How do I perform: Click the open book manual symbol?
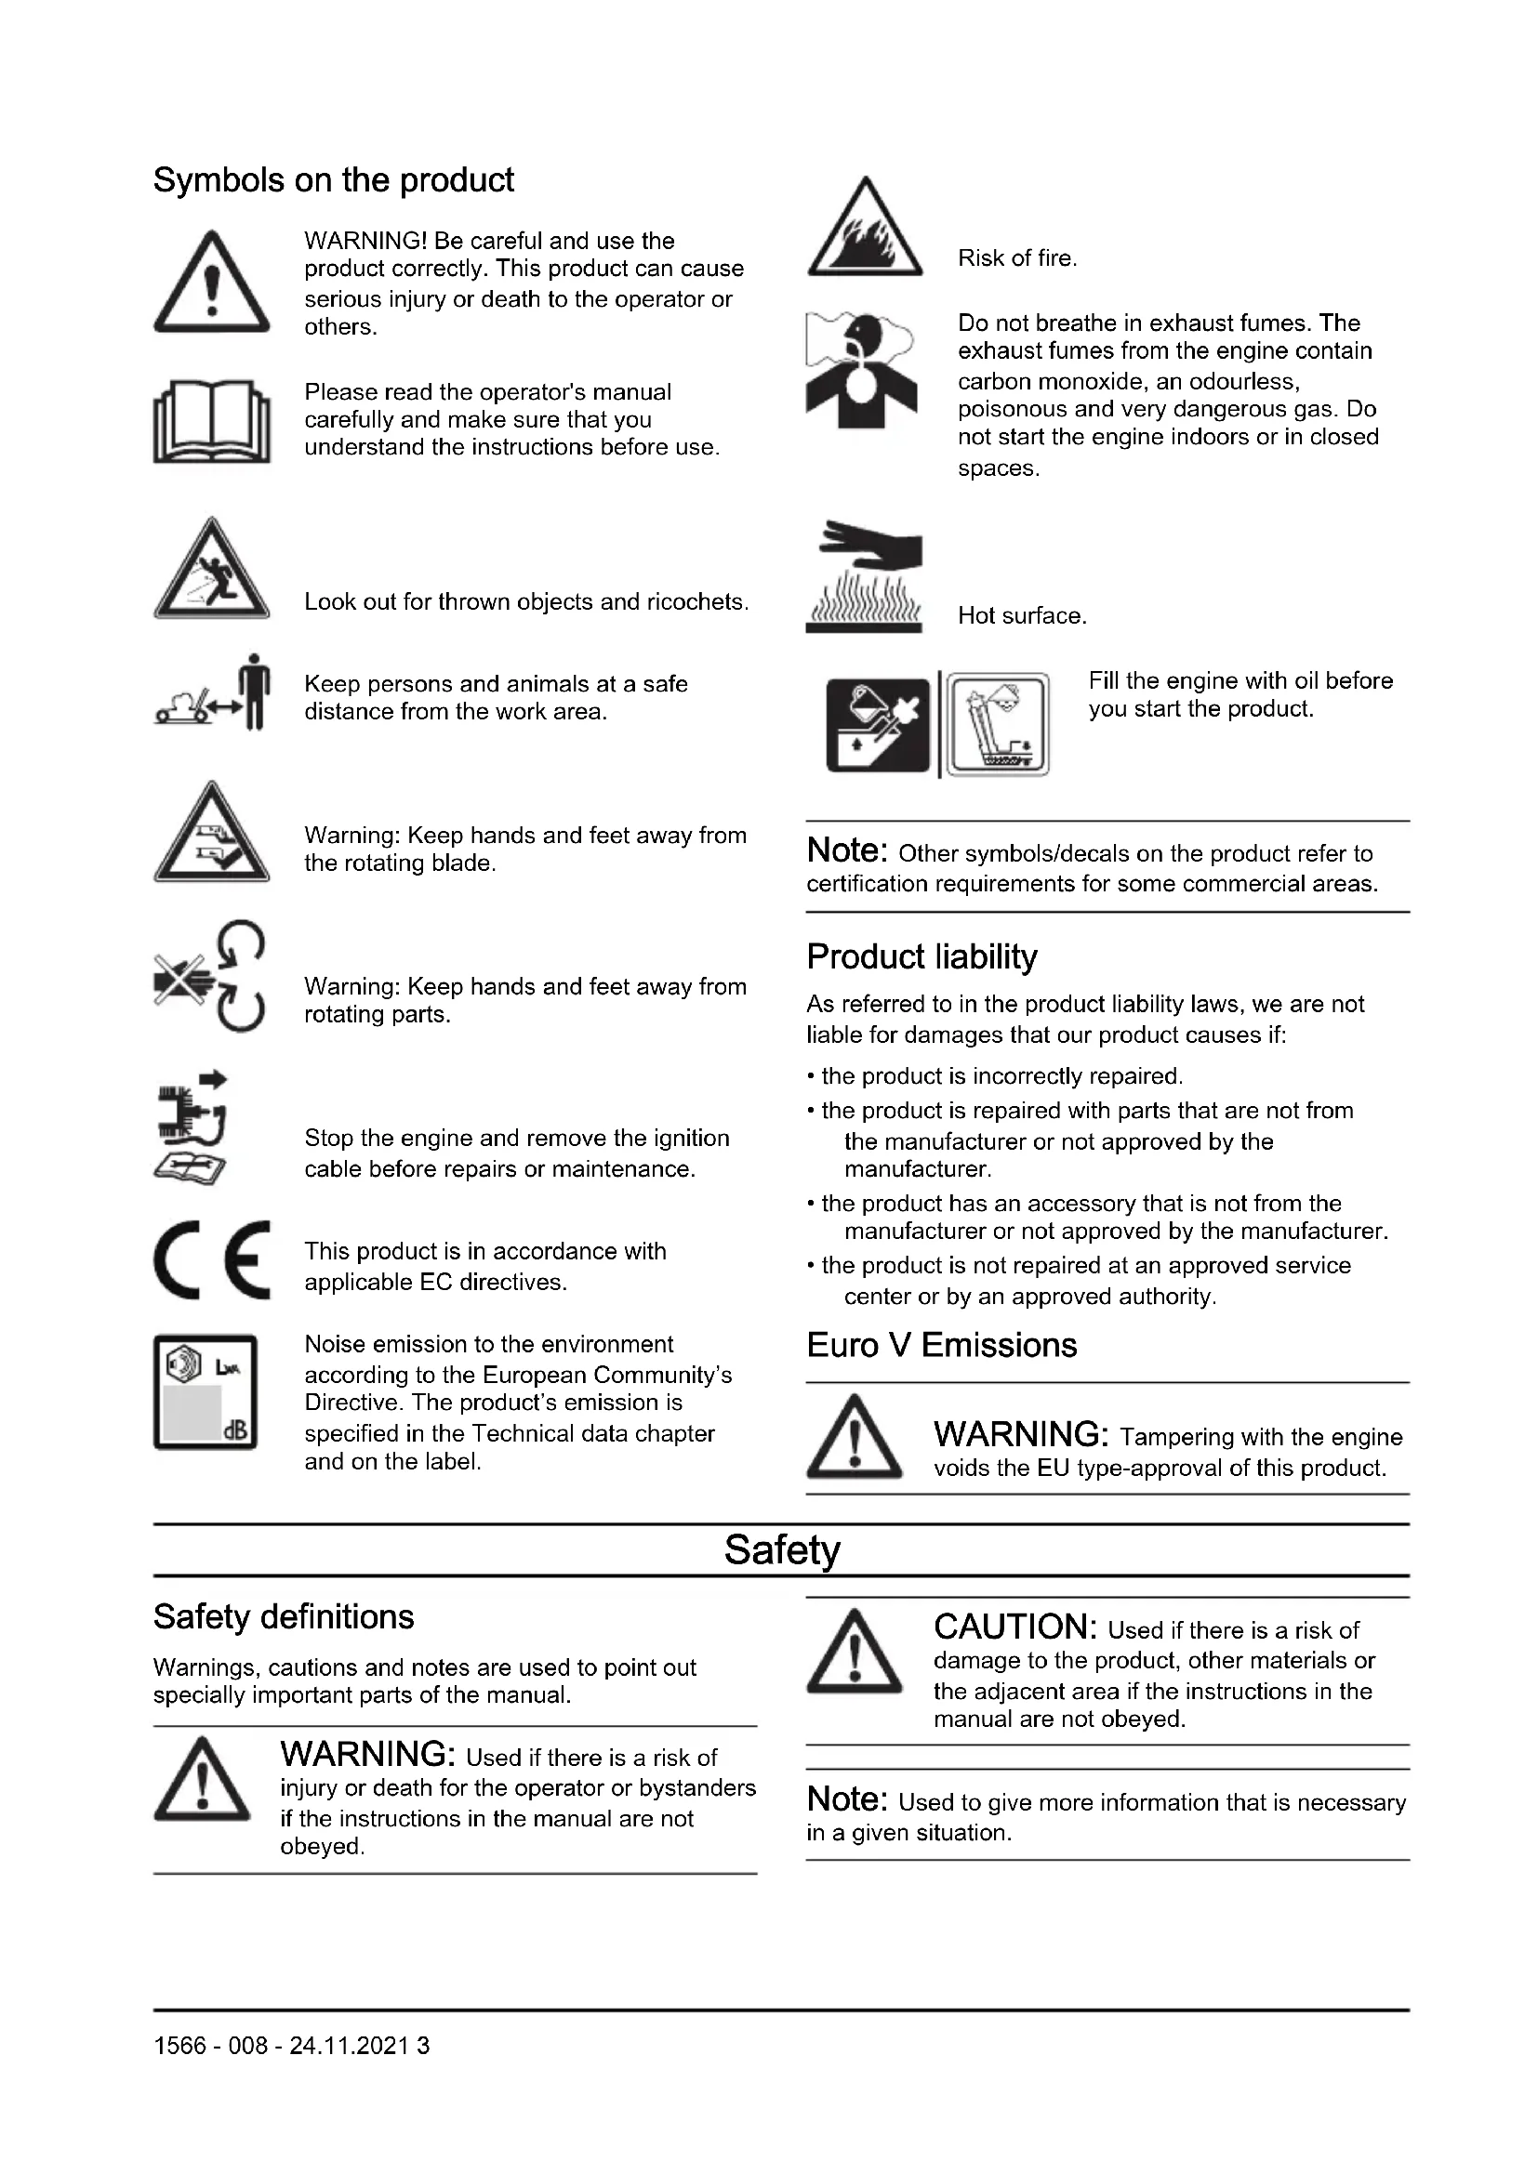pyautogui.click(x=211, y=421)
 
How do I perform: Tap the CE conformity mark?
pyautogui.click(x=212, y=1259)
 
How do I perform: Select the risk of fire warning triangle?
pyautogui.click(x=865, y=230)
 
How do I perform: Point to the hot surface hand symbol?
pyautogui.click(x=864, y=575)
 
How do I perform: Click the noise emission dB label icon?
pyautogui.click(x=206, y=1392)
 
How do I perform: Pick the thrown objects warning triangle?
pyautogui.click(x=211, y=570)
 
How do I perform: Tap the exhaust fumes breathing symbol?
pyautogui.click(x=861, y=371)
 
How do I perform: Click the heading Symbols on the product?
pyautogui.click(x=334, y=180)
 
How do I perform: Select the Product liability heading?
pyautogui.click(x=921, y=956)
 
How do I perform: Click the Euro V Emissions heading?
pyautogui.click(x=941, y=1345)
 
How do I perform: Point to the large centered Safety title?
pyautogui.click(x=781, y=1550)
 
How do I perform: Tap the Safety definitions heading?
pyautogui.click(x=284, y=1616)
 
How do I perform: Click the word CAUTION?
pyautogui.click(x=1014, y=1627)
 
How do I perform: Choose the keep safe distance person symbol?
pyautogui.click(x=213, y=692)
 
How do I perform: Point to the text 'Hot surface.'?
pyautogui.click(x=1022, y=615)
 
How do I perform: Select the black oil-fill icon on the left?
pyautogui.click(x=878, y=725)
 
